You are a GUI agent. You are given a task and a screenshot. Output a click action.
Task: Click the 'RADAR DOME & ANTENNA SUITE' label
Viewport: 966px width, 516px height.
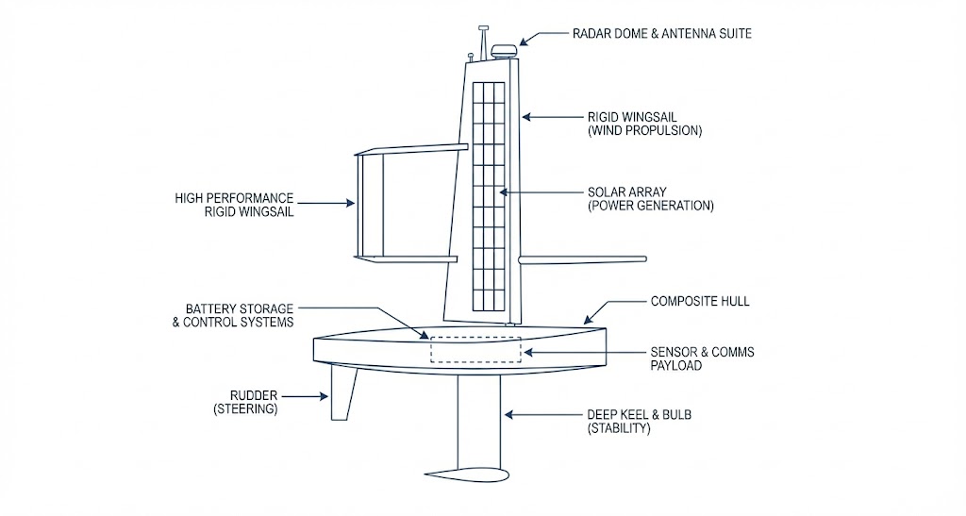(x=661, y=33)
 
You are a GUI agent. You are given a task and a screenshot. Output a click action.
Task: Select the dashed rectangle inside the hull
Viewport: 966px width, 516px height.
(x=475, y=348)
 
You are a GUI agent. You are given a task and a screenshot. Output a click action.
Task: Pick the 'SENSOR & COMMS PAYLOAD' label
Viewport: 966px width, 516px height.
(x=702, y=358)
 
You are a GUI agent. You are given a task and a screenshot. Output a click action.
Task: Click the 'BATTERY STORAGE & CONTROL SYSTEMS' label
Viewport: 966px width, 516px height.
(x=239, y=315)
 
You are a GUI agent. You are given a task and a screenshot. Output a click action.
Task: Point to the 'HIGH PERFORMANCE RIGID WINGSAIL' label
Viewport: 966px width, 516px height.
(x=234, y=205)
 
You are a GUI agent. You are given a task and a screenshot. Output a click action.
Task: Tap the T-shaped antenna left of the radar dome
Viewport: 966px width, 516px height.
(x=483, y=39)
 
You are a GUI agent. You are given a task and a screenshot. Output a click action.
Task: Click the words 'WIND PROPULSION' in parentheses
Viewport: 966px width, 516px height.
(x=644, y=131)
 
